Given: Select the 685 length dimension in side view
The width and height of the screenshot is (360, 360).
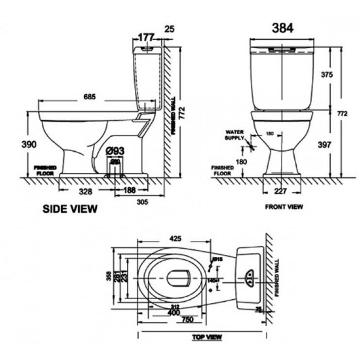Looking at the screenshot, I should point(89,96).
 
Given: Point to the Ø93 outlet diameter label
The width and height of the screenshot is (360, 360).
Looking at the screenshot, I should point(115,151).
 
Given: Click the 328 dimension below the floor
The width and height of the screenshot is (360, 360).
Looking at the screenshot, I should point(86,191).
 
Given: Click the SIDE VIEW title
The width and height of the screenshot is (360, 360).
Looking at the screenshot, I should point(71,209).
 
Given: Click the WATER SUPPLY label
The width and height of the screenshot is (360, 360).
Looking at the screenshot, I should point(234,135).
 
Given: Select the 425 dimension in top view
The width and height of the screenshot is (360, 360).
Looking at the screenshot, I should point(175,238).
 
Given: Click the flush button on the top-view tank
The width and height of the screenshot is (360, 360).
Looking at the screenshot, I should point(250,276).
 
